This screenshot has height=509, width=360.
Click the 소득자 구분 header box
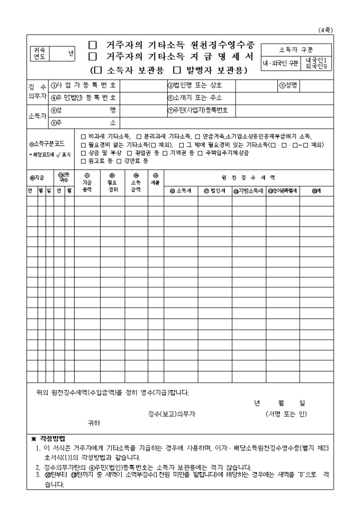coord(296,50)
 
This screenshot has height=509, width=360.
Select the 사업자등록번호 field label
coord(83,85)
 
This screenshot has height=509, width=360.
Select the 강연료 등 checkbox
coord(119,160)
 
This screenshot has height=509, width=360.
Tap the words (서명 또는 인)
coord(286,414)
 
